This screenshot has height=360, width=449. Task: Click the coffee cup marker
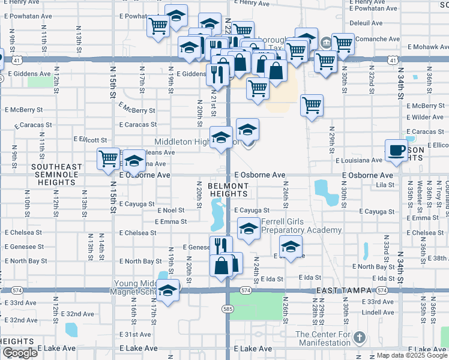point(396,150)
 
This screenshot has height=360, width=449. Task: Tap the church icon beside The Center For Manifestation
point(360,337)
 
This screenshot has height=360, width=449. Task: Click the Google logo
point(19,353)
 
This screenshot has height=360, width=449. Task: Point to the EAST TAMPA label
point(345,290)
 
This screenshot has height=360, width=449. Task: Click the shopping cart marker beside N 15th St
point(109,159)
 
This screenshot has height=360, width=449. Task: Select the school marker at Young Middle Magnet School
point(169,290)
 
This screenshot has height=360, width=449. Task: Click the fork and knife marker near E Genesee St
point(221,245)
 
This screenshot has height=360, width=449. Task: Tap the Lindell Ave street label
point(378,312)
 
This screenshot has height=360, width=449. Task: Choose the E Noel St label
point(171,211)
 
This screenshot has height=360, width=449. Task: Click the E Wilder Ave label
point(424,117)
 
